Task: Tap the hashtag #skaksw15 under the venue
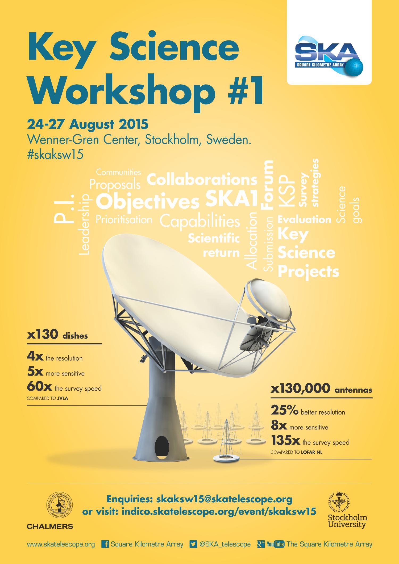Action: [x=55, y=155]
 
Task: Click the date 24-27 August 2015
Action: [x=88, y=124]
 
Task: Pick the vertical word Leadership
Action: [x=85, y=225]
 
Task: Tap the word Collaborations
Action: [x=202, y=180]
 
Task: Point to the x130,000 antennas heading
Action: [x=321, y=389]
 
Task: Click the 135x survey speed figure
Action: [x=286, y=441]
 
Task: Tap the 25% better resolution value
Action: [x=284, y=411]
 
